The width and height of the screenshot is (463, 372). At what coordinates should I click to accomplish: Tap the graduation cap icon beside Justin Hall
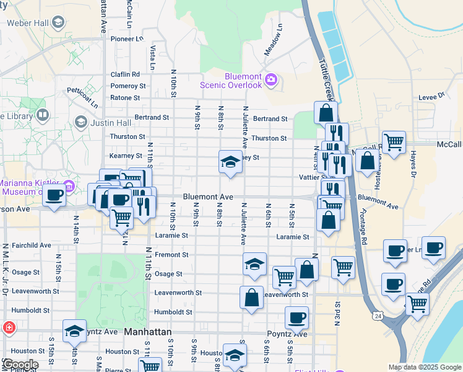coord(80,122)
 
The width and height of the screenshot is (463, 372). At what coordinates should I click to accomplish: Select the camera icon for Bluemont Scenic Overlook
coord(270,79)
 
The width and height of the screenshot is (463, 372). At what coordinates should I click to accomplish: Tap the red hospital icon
coord(9,327)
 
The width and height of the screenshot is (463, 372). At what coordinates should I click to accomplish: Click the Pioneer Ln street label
coord(127,38)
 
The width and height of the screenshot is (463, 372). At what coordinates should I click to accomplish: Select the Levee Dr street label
coord(431,96)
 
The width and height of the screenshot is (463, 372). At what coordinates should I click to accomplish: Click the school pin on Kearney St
coord(230,162)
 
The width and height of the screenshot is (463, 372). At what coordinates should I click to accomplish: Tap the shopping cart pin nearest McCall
coord(394,142)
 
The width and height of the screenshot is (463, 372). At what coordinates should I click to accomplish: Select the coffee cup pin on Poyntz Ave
coord(296,318)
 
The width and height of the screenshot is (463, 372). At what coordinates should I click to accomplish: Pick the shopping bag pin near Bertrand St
coord(326,113)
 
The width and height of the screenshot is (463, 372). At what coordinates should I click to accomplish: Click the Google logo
coord(20,365)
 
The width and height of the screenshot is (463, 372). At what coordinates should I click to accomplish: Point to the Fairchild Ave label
coord(28,246)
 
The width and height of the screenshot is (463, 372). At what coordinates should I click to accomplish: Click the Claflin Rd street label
coord(128,74)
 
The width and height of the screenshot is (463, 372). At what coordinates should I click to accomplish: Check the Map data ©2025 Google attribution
coord(424,367)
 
